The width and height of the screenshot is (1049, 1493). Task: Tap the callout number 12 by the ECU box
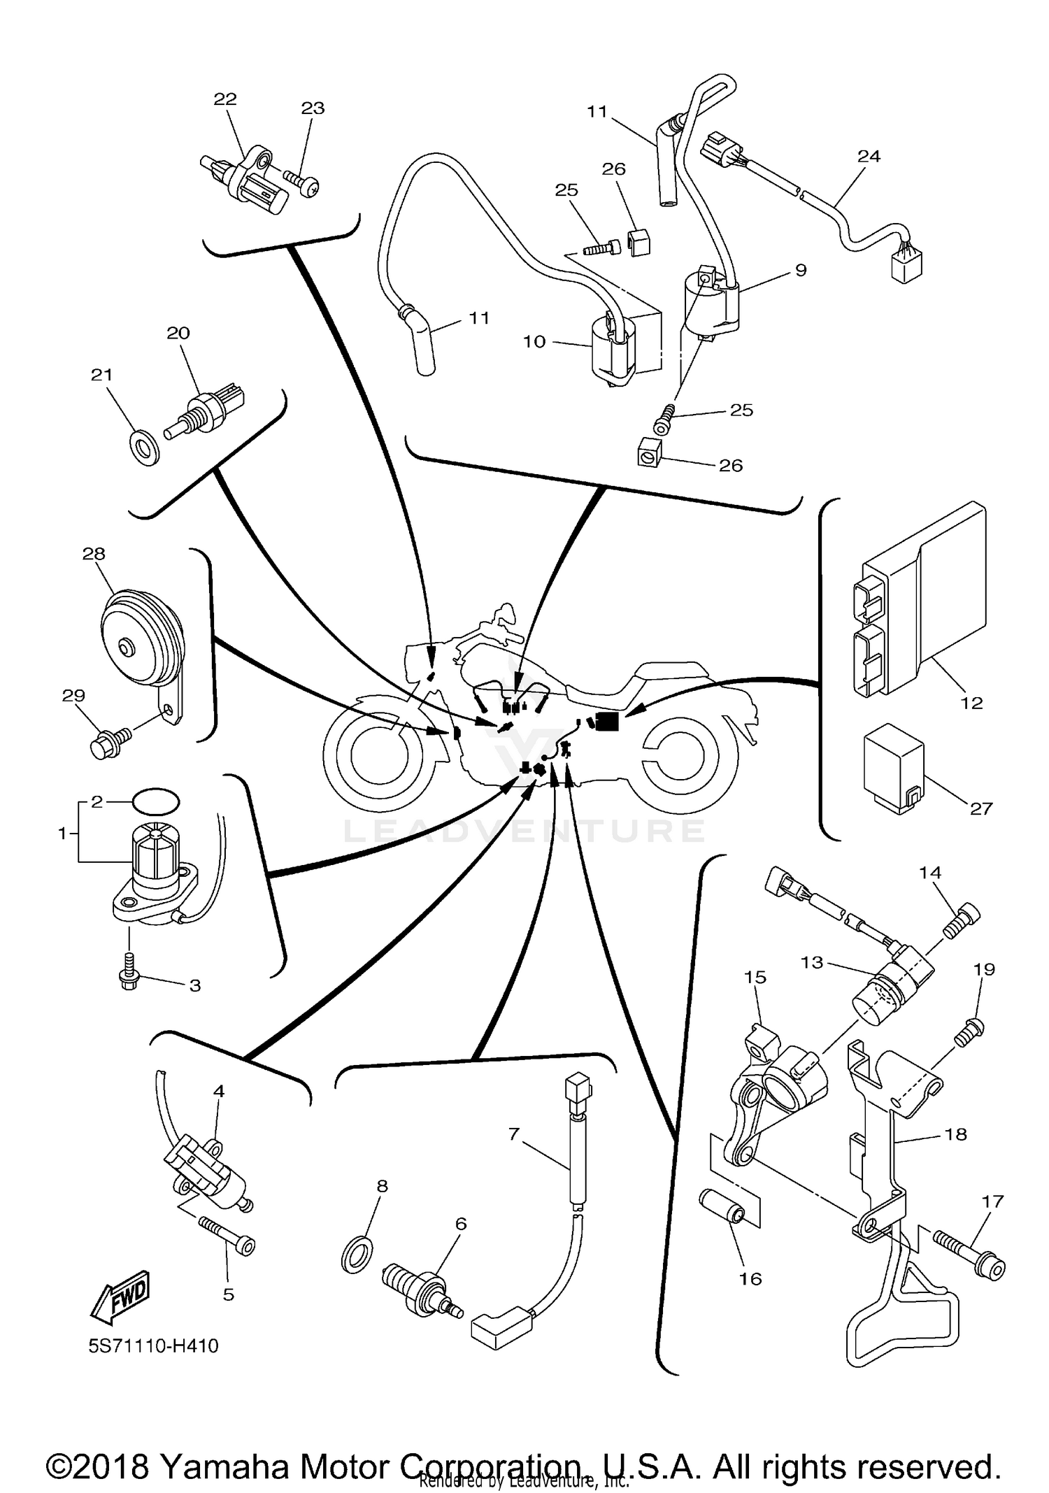click(971, 703)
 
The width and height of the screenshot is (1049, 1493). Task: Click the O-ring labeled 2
click(155, 801)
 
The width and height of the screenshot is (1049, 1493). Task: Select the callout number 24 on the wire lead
click(869, 156)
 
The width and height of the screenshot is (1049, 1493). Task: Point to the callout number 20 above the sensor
click(178, 333)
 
